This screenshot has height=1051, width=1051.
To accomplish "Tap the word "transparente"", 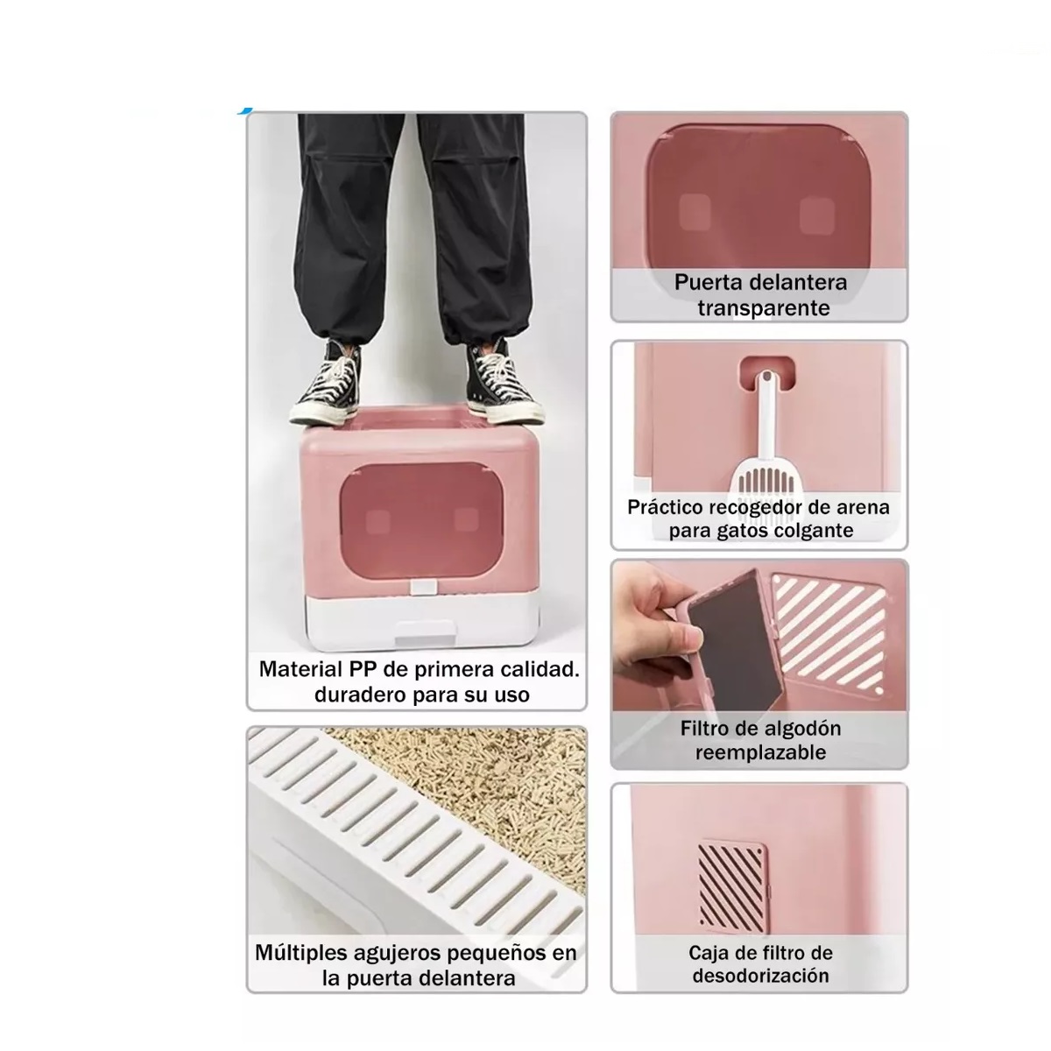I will pyautogui.click(x=763, y=308).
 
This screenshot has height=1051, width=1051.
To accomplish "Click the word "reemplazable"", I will pyautogui.click(x=760, y=753).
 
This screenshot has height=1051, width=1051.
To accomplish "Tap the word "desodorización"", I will pyautogui.click(x=760, y=976).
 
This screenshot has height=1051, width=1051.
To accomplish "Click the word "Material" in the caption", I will pyautogui.click(x=300, y=670).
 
